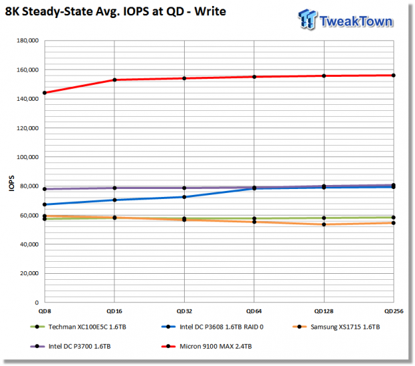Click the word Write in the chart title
(x=210, y=11)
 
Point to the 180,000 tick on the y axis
(x=27, y=41)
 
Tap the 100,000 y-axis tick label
(x=27, y=157)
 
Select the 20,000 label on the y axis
(x=29, y=273)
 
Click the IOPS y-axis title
(x=11, y=183)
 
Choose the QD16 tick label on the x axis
(x=114, y=311)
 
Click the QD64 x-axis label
(x=254, y=311)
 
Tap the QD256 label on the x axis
(x=394, y=311)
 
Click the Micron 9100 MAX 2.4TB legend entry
(x=207, y=346)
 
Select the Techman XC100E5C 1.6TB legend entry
(x=78, y=327)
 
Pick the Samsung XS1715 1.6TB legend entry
(x=337, y=327)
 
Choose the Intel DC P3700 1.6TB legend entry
(x=71, y=346)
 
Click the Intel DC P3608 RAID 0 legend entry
(x=213, y=327)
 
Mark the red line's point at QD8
(x=45, y=93)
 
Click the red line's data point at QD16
(x=114, y=79)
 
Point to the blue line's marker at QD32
(x=184, y=197)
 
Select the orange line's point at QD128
(x=324, y=224)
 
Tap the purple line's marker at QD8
(x=45, y=189)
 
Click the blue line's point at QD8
(x=45, y=204)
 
